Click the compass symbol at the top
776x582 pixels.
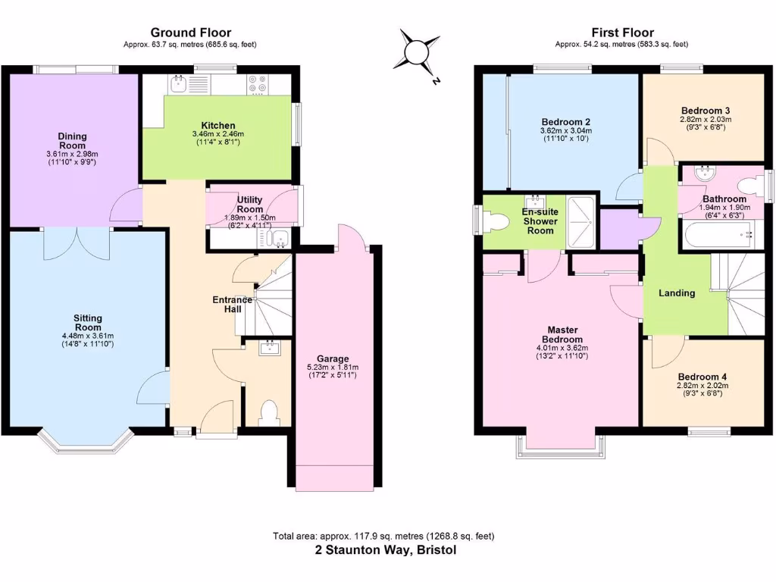click(417, 52)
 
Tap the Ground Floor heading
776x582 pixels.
click(190, 32)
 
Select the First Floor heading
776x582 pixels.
click(621, 32)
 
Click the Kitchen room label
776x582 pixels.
click(217, 125)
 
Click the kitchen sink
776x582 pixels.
click(180, 83)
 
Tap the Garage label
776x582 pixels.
click(333, 358)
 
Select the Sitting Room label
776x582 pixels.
click(88, 323)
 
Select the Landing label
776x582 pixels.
click(677, 293)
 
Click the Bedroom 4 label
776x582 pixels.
click(702, 377)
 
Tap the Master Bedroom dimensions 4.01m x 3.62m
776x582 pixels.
click(561, 348)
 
